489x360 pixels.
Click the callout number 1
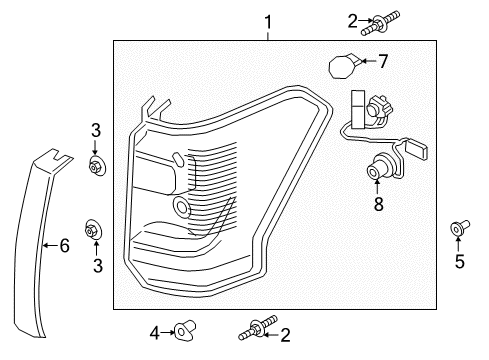click(x=267, y=21)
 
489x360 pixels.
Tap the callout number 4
click(x=155, y=330)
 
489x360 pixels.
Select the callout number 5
click(x=459, y=262)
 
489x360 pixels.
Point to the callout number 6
click(x=64, y=245)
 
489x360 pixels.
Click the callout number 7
click(x=382, y=62)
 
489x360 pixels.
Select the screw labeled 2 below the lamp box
click(x=251, y=328)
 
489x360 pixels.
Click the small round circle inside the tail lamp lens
click(x=182, y=207)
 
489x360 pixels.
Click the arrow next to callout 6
click(x=48, y=245)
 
